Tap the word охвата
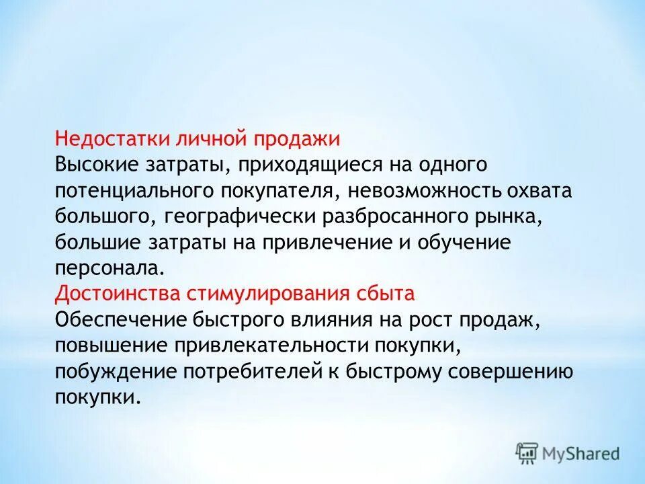544,190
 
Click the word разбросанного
386,216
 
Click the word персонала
108,268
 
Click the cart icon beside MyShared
527,453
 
